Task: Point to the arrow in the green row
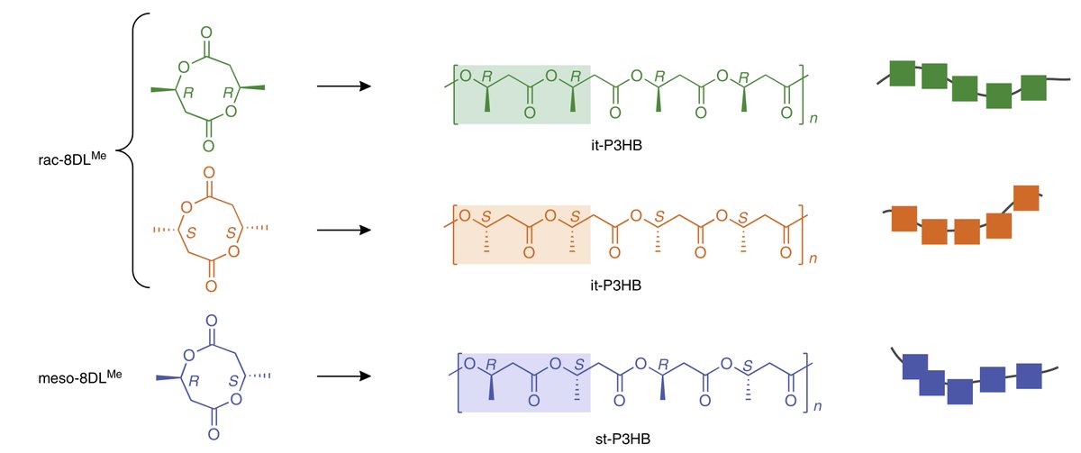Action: point(345,86)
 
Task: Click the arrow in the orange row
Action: point(345,230)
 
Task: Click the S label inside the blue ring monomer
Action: point(230,378)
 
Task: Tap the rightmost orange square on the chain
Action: point(1027,197)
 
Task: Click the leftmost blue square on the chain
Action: point(914,367)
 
